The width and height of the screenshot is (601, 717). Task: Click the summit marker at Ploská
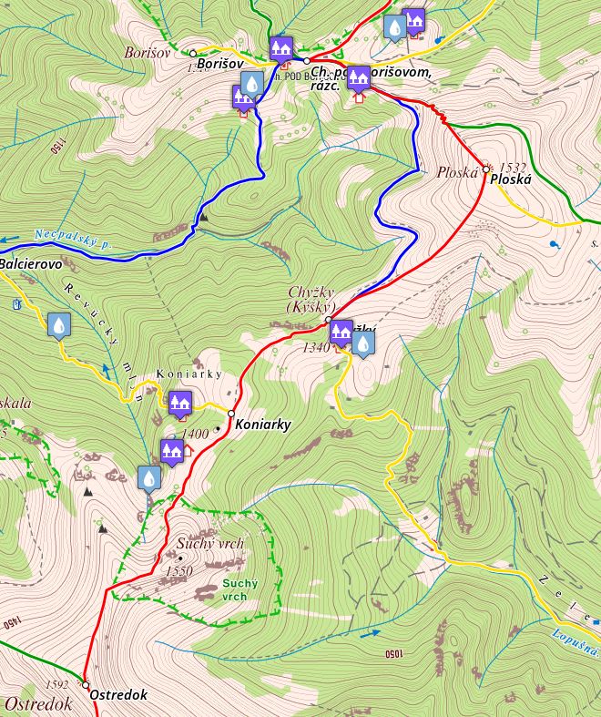point(488,168)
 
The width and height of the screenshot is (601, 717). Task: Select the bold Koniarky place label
point(262,425)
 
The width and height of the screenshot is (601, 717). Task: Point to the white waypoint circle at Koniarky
point(231,413)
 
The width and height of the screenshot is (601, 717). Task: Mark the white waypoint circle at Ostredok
point(86,684)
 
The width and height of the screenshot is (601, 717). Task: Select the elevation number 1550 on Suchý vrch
point(180,570)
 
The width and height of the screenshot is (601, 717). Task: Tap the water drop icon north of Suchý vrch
point(148,477)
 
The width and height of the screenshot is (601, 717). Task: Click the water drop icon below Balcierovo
point(59,325)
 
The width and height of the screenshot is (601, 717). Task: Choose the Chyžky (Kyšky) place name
point(312,300)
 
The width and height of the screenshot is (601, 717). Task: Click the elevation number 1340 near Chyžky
point(315,347)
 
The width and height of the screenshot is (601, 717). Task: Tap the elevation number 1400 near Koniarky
point(197,434)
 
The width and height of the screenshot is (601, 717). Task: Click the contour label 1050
point(393,654)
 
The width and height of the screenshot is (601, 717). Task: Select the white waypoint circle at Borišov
point(193,53)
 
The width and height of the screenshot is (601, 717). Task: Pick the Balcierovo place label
point(30,263)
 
